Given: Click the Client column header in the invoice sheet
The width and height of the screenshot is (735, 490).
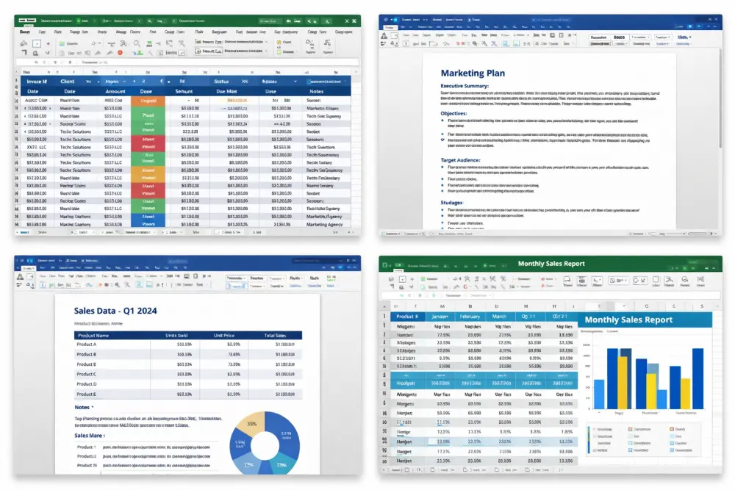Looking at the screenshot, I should [x=68, y=81].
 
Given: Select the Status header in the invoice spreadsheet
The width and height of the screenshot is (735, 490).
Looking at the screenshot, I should [x=220, y=81].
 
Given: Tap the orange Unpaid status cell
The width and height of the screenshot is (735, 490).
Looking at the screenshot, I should [x=148, y=101].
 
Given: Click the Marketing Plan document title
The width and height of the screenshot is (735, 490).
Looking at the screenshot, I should [x=473, y=73].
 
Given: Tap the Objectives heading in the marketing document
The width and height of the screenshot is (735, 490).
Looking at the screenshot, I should [x=453, y=113].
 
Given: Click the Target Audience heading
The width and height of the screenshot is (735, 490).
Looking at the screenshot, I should [x=460, y=159].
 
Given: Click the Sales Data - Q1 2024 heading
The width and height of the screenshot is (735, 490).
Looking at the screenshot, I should [x=126, y=311].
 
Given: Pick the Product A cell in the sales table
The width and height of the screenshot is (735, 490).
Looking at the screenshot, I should [x=87, y=344].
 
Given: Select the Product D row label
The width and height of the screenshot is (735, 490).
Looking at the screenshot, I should [x=87, y=383].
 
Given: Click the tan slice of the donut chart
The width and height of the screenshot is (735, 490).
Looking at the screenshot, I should [x=252, y=424].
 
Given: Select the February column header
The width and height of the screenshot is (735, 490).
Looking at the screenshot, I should [x=470, y=317].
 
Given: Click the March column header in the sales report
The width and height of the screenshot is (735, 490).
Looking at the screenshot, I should [x=499, y=317].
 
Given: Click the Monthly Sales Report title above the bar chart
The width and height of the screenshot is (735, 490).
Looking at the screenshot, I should [x=628, y=320].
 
